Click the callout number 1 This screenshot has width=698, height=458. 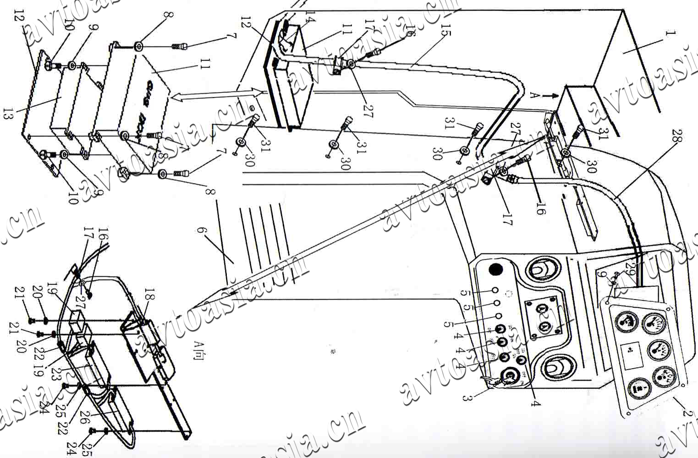pos(671,34)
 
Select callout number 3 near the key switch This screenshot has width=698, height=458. pos(467,397)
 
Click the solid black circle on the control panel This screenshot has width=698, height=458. pos(495,269)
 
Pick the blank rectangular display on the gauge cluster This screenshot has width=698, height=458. pos(630,354)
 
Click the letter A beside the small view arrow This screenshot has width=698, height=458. pos(533,95)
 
